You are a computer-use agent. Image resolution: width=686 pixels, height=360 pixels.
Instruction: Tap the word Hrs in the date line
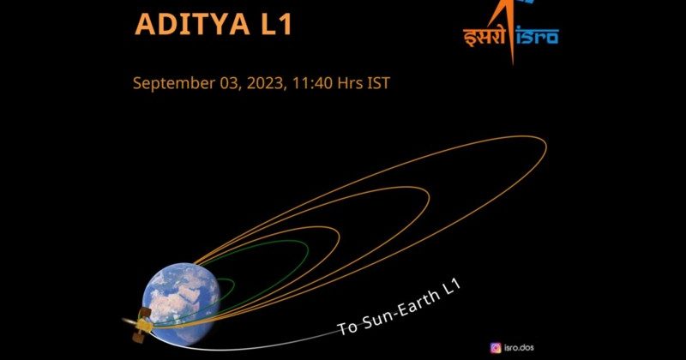click(345, 83)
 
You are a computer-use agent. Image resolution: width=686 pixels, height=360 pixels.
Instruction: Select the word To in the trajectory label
click(347, 327)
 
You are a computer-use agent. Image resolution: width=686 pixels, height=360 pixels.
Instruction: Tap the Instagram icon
click(496, 347)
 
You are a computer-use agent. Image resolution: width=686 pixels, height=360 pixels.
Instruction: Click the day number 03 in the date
click(210, 83)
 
